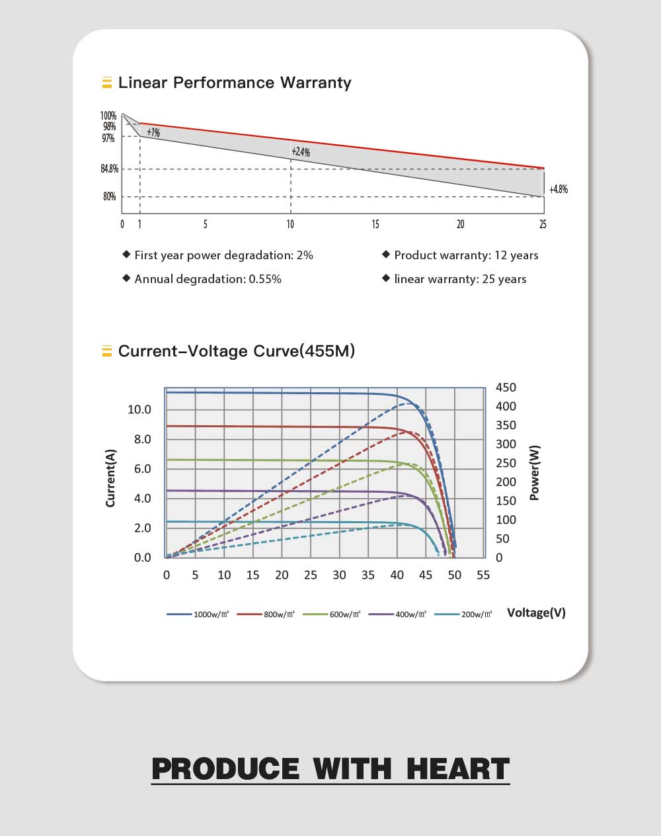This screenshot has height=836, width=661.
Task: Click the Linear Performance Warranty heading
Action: click(234, 83)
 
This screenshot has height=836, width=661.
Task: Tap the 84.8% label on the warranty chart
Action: click(110, 169)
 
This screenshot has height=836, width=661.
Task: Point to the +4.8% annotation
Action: click(559, 189)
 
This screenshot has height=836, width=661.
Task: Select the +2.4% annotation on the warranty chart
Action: click(300, 152)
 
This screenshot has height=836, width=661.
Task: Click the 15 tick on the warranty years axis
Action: click(375, 224)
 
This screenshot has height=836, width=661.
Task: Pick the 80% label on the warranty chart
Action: click(110, 196)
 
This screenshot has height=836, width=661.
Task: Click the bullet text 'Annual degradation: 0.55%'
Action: click(208, 279)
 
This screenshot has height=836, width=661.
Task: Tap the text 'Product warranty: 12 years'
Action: click(466, 255)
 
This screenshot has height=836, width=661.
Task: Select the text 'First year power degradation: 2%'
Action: click(223, 255)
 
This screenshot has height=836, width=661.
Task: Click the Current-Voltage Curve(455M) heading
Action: click(236, 351)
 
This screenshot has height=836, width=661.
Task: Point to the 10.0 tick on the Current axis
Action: click(139, 409)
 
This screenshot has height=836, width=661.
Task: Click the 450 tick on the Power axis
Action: click(506, 388)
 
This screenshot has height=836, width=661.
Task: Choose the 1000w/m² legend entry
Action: click(198, 614)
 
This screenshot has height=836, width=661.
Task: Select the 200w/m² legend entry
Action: click(463, 614)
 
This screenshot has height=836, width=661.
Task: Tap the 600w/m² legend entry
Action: click(332, 614)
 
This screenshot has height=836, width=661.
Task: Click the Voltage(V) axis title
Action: click(536, 612)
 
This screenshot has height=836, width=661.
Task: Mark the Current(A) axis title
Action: click(110, 478)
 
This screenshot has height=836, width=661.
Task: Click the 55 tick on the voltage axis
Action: click(483, 575)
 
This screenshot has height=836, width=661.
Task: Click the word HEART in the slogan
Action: click(457, 769)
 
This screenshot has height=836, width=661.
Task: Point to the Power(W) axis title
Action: click(535, 472)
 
